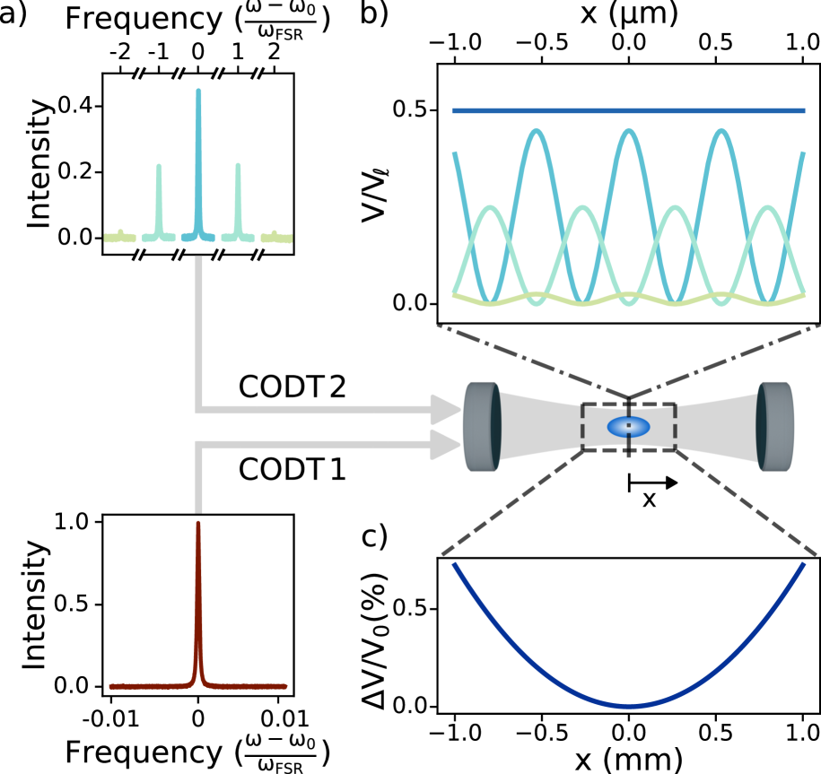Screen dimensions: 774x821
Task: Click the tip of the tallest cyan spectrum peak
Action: (x=198, y=91)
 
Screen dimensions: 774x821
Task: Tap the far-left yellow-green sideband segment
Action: (x=119, y=238)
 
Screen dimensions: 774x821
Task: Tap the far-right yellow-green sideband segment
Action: (x=276, y=238)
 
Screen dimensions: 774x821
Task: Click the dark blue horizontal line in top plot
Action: (x=628, y=111)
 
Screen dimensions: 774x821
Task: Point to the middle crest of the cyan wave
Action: (x=628, y=133)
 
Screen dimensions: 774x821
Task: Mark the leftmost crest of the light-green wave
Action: (x=490, y=209)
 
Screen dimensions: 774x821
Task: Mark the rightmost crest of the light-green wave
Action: (x=767, y=209)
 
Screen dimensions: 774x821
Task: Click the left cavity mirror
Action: (x=482, y=427)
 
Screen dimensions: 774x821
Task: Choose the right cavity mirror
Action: (x=775, y=427)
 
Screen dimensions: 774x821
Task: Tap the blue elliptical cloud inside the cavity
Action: (x=628, y=427)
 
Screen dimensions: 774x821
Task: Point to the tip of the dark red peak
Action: (x=198, y=524)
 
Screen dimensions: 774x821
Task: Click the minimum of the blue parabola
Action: (x=628, y=707)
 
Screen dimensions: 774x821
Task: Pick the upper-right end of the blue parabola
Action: (x=802, y=566)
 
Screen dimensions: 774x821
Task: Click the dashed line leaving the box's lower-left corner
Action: (x=568, y=462)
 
